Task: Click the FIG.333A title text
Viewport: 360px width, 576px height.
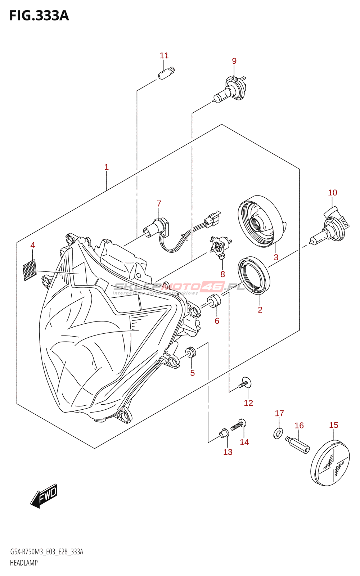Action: point(39,16)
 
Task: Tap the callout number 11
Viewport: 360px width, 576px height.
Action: point(164,55)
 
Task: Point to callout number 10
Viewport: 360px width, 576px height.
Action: point(332,193)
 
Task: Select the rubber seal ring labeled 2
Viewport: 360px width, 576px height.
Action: point(254,276)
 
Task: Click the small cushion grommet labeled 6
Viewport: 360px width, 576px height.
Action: point(214,301)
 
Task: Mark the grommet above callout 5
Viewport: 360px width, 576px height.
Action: point(191,352)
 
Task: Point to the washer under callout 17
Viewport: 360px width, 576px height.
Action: point(278,433)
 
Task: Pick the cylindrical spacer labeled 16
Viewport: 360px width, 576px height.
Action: point(298,445)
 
